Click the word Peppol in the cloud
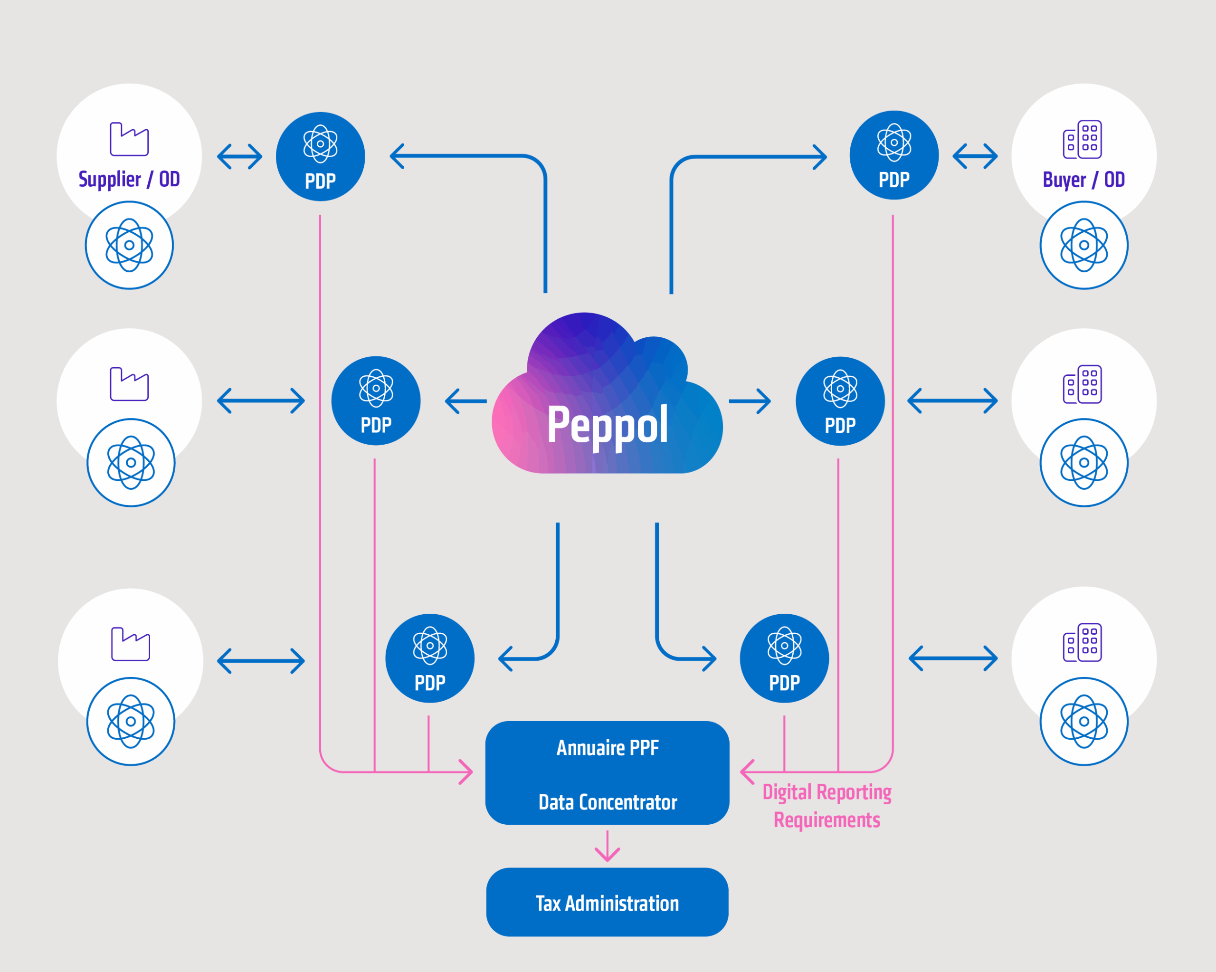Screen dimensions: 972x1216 (608, 425)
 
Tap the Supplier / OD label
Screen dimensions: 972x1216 (129, 180)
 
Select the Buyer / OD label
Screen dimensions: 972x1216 (1083, 180)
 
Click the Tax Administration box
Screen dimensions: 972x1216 (607, 903)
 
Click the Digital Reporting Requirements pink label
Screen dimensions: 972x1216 (827, 806)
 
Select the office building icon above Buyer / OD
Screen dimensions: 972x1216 (1083, 139)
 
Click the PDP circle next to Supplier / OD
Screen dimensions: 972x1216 (320, 156)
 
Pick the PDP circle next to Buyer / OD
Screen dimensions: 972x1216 (894, 155)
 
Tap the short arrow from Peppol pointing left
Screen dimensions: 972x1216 (466, 401)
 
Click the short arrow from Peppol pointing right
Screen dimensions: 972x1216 (750, 401)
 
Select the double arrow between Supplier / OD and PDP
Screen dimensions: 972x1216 (240, 156)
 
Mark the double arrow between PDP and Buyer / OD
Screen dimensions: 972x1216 (975, 156)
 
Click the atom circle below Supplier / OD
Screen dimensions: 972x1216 (129, 246)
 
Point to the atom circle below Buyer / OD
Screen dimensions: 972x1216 (1084, 246)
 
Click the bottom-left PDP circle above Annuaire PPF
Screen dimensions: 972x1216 (430, 658)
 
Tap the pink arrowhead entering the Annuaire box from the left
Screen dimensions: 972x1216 (466, 772)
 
